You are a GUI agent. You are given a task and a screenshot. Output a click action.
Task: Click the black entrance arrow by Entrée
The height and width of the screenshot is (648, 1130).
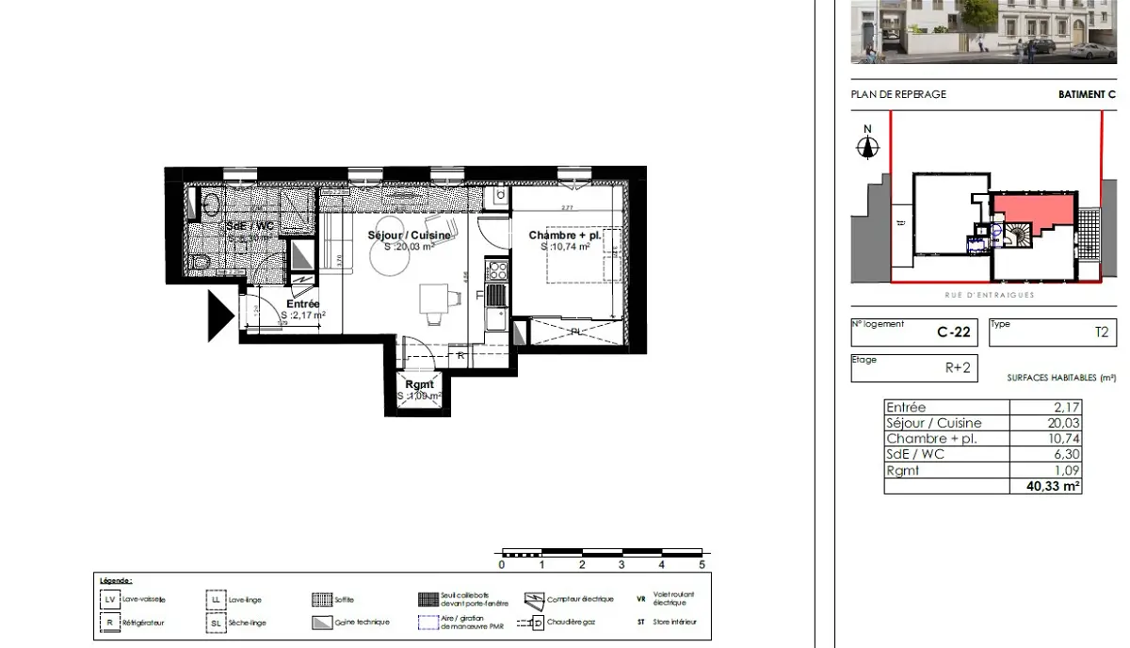click(219, 315)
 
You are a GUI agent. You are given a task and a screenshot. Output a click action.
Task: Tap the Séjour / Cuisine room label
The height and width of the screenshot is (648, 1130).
click(409, 235)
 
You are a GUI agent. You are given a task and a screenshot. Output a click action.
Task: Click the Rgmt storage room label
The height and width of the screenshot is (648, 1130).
click(419, 384)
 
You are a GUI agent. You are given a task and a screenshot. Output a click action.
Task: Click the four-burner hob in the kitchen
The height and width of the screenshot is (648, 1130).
click(495, 271)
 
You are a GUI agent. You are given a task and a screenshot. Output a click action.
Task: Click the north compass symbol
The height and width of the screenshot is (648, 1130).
click(867, 147)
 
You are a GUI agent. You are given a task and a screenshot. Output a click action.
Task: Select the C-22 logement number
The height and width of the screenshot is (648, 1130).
click(954, 332)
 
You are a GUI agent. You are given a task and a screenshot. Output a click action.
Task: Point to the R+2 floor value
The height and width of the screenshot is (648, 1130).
click(958, 368)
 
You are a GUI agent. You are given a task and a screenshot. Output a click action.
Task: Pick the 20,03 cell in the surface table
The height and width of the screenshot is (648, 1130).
click(1065, 424)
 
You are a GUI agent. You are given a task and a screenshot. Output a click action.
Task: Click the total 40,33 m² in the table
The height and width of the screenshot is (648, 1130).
click(1057, 487)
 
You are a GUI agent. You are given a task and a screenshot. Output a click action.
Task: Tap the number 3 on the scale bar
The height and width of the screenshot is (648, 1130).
click(622, 565)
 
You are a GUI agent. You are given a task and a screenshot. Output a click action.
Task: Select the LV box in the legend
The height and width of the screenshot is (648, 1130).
click(110, 599)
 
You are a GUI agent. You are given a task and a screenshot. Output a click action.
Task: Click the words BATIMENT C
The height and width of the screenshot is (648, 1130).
click(1087, 94)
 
